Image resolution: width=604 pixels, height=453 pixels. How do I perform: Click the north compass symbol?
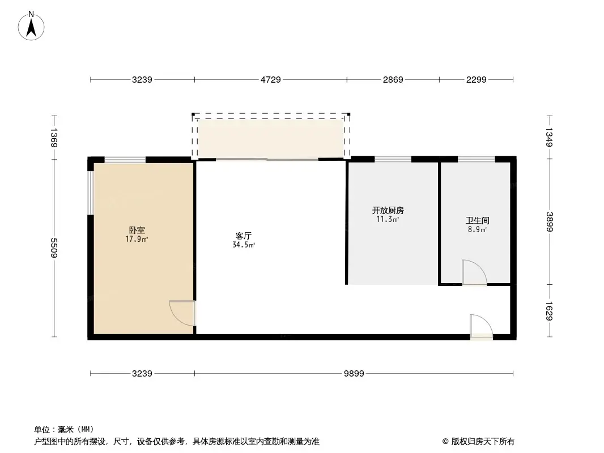pyautogui.click(x=32, y=25)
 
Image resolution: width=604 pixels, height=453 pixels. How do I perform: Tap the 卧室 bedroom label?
pyautogui.click(x=137, y=230)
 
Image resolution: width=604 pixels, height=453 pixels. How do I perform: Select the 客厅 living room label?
pyautogui.click(x=244, y=236)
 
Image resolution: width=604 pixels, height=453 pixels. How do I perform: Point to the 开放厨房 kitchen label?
pyautogui.click(x=388, y=210)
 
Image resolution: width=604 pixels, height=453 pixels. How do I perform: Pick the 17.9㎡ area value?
pyautogui.click(x=137, y=240)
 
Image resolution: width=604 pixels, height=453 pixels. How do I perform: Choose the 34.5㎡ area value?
pyautogui.click(x=244, y=245)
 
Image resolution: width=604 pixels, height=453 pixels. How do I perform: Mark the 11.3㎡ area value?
pyautogui.click(x=388, y=219)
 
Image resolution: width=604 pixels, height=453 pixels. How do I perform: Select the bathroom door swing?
pyautogui.click(x=474, y=272)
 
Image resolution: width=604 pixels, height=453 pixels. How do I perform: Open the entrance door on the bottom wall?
pyautogui.click(x=480, y=327)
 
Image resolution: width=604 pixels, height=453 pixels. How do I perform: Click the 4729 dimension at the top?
pyautogui.click(x=270, y=80)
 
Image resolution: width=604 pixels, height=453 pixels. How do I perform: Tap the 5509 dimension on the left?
pyautogui.click(x=54, y=248)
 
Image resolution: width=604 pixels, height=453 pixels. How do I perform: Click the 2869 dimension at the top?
pyautogui.click(x=393, y=80)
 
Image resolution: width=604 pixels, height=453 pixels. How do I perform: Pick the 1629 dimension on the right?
pyautogui.click(x=549, y=311)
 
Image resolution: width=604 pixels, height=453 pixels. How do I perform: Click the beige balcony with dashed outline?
pyautogui.click(x=270, y=138)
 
